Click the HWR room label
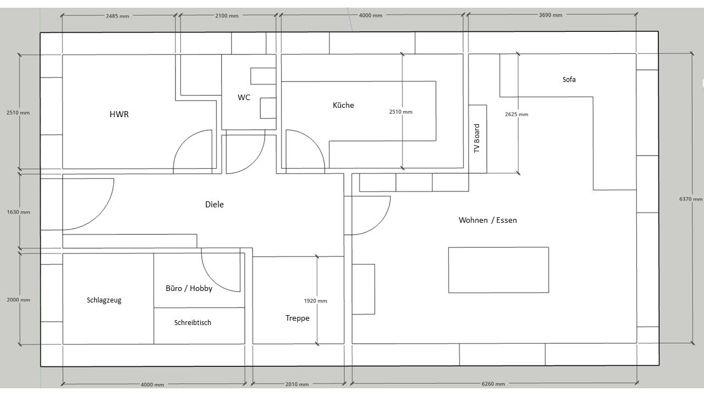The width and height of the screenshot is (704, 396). click(119, 114)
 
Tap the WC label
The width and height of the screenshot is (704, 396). click(244, 97)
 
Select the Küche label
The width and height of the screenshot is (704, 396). click(343, 105)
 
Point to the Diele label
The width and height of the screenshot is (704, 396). click(215, 204)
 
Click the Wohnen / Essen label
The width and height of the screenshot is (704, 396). click(488, 220)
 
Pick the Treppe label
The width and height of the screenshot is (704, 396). click(298, 318)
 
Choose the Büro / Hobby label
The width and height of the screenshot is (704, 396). click(189, 288)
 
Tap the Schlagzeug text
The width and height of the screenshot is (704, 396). click(104, 300)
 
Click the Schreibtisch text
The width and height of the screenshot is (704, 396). click(193, 322)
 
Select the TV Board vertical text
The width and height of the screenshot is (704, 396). click(477, 138)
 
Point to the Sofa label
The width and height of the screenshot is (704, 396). click(569, 80)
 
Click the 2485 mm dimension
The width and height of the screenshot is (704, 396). click(117, 16)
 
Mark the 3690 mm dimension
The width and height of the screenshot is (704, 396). click(551, 15)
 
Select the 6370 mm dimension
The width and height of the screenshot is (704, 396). click(690, 199)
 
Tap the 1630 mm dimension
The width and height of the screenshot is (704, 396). click(19, 212)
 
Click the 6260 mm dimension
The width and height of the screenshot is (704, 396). click(493, 384)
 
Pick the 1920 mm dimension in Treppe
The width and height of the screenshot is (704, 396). click(315, 301)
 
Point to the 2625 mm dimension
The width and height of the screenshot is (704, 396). click(516, 114)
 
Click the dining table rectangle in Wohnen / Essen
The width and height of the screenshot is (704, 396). click(498, 270)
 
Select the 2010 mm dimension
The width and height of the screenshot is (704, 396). click(296, 384)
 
